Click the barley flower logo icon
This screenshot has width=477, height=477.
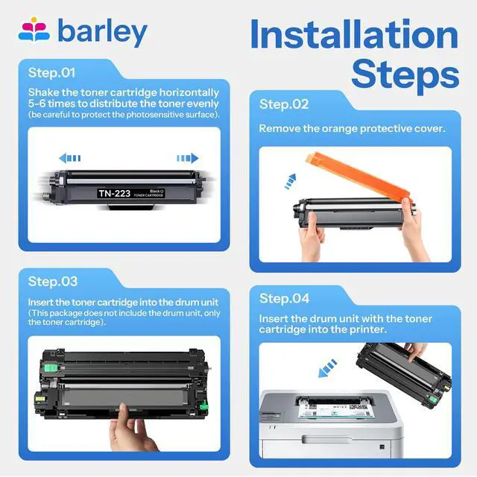click(x=34, y=30)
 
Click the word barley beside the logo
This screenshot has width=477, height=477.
click(x=102, y=31)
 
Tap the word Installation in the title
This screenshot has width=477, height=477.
click(x=354, y=34)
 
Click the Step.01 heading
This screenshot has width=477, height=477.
click(x=51, y=73)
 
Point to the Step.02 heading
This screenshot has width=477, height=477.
click(x=284, y=104)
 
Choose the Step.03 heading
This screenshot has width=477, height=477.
click(x=53, y=282)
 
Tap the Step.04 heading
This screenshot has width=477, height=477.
click(x=284, y=298)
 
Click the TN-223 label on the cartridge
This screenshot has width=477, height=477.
click(x=114, y=193)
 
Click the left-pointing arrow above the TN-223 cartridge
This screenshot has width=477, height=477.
click(x=69, y=158)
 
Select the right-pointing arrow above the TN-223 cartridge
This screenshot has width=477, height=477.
click(x=188, y=158)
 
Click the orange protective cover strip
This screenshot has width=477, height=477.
click(x=359, y=176)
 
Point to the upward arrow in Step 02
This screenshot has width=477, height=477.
click(x=290, y=181)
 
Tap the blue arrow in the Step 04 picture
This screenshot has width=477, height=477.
click(x=327, y=368)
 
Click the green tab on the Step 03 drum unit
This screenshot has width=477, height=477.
click(x=51, y=367)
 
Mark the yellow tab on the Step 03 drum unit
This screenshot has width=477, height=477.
click(x=38, y=397)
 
